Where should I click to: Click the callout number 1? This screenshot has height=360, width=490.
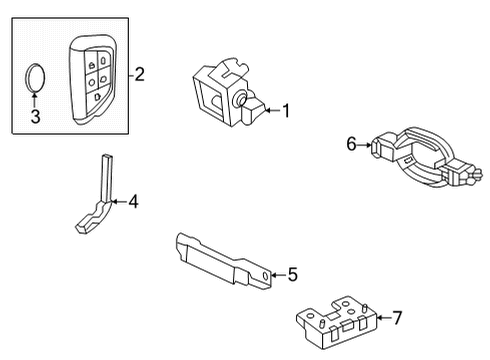pyautogui.click(x=286, y=111)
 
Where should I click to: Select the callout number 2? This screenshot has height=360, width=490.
pyautogui.click(x=140, y=73)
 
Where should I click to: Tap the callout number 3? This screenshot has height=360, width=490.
pyautogui.click(x=35, y=119)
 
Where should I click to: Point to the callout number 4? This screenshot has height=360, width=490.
pyautogui.click(x=133, y=202)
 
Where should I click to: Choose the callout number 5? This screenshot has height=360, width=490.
pyautogui.click(x=292, y=272)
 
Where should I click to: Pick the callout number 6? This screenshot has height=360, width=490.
pyautogui.click(x=352, y=145)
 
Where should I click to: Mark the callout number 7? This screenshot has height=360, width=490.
pyautogui.click(x=397, y=318)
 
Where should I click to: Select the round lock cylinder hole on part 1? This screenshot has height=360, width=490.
pyautogui.click(x=240, y=100)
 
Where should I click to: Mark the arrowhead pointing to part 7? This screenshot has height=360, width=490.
pyautogui.click(x=378, y=318)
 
